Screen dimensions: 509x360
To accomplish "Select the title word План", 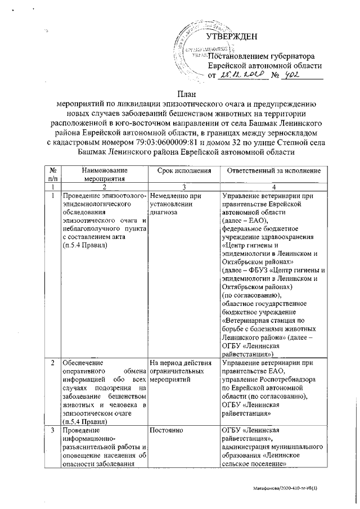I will click(179, 94).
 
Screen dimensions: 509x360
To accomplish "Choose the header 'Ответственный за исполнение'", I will click(272, 170).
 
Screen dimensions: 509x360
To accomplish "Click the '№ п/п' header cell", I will click(52, 174).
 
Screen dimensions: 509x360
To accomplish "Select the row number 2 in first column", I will click(52, 363).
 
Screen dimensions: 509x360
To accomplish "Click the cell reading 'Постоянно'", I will click(165, 430).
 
